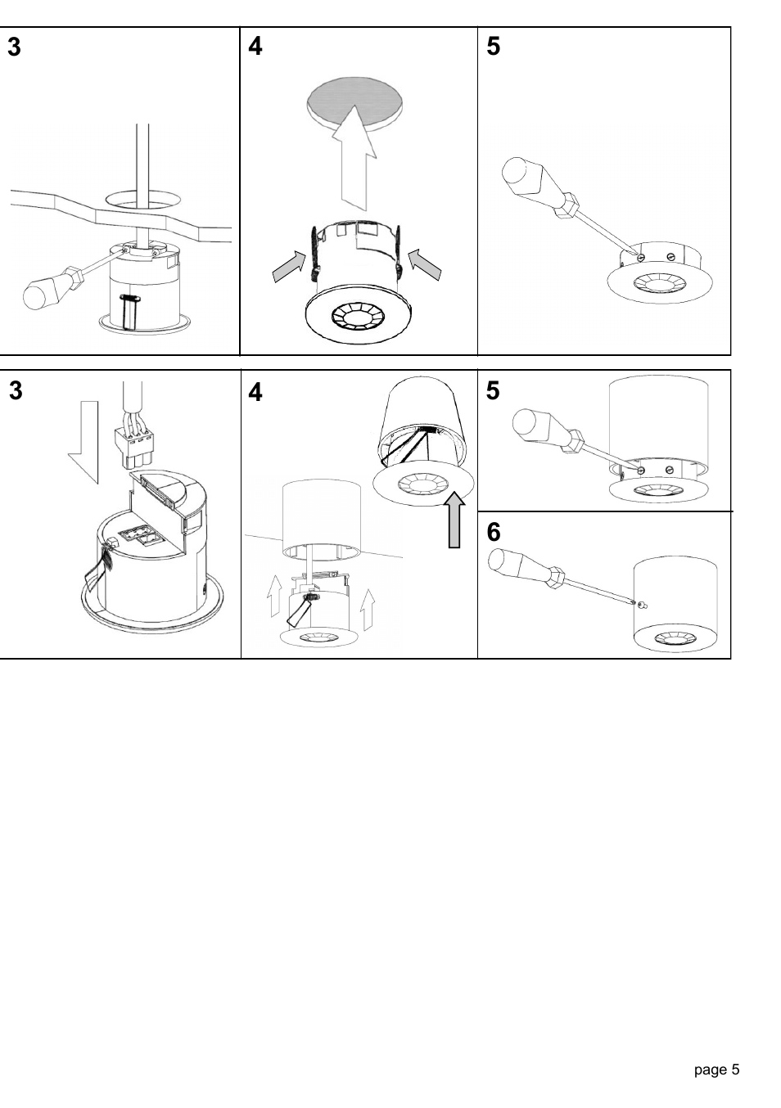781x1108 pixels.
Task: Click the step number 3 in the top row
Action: point(15,47)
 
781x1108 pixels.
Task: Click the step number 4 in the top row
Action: point(255,47)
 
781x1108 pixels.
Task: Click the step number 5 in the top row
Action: point(493,47)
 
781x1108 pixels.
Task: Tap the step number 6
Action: point(494,533)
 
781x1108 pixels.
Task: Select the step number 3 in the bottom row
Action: point(16,392)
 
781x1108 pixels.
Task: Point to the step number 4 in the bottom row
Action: point(255,394)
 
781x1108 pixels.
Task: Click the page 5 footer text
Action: point(716,1070)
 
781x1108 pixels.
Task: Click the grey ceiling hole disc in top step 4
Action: point(354,102)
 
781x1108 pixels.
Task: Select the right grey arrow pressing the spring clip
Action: point(425,264)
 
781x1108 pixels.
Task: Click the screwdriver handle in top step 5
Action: point(524,178)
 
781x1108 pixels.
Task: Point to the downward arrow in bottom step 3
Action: point(83,440)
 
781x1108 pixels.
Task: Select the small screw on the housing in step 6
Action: point(640,605)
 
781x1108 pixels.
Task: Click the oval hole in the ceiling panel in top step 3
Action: point(142,198)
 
